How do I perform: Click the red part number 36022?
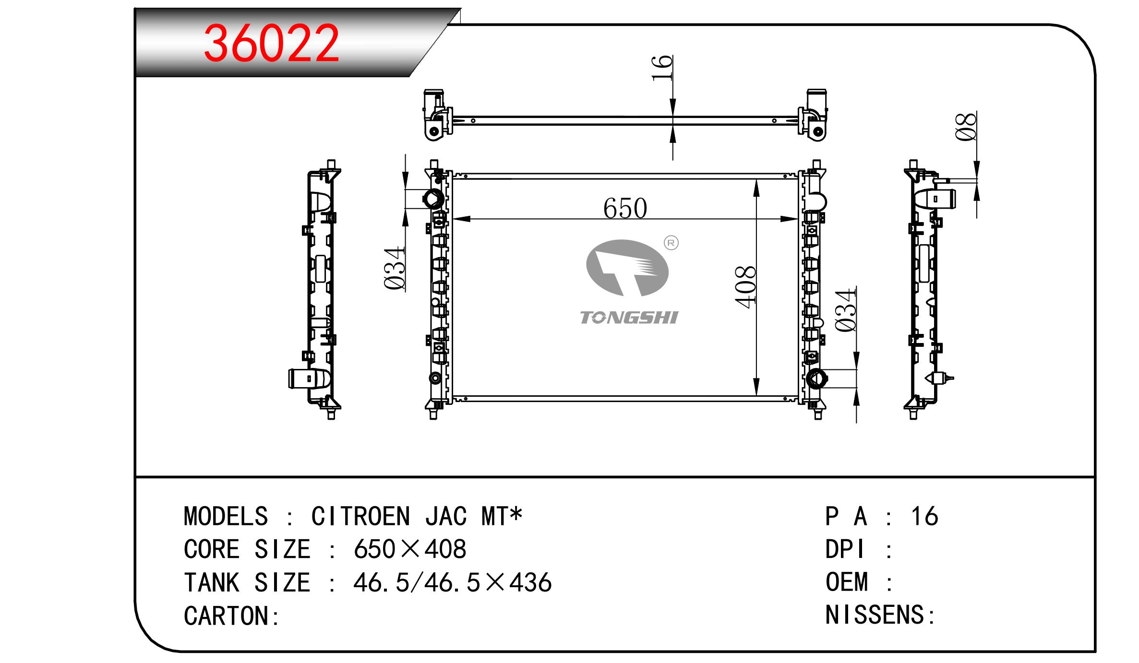(272, 44)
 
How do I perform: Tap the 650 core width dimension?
(625, 209)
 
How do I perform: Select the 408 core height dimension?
(745, 287)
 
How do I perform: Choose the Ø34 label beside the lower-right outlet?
(845, 310)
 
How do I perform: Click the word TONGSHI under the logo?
(629, 318)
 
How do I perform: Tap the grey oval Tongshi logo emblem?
(627, 268)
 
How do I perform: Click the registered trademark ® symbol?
(671, 243)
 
